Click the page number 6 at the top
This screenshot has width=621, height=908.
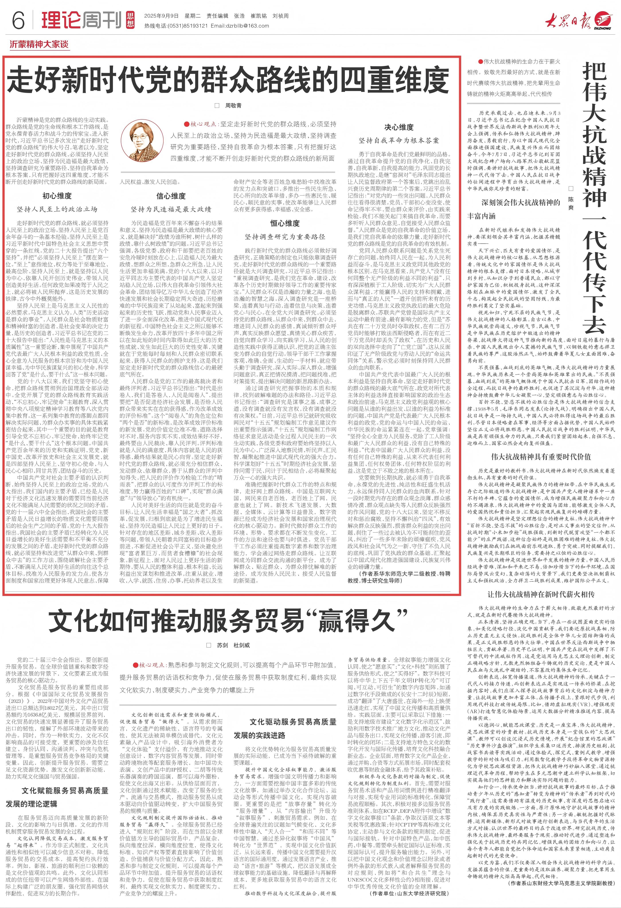18,20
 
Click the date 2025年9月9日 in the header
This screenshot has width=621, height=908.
161,16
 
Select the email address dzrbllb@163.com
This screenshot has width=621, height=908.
239,26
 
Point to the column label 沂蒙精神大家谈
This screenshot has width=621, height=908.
39,45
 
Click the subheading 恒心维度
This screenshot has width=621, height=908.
285,223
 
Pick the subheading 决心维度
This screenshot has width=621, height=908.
399,127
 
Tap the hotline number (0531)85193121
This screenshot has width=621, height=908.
187,26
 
